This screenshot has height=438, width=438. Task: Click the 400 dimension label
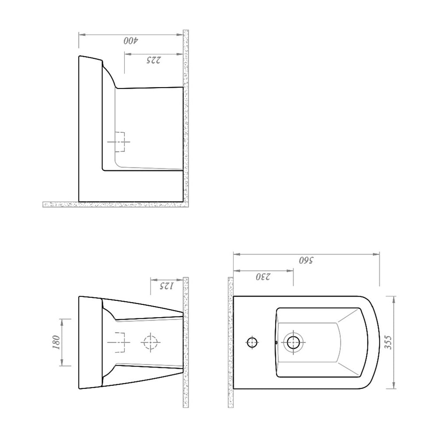click(131, 41)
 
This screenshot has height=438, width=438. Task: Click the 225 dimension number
click(154, 60)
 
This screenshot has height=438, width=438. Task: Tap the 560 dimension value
click(306, 260)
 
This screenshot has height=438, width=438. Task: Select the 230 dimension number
click(263, 277)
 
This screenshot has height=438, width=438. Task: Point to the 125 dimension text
click(166, 286)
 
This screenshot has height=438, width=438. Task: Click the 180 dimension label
click(56, 342)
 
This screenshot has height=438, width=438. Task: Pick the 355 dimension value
click(388, 342)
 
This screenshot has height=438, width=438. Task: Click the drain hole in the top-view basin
click(293, 342)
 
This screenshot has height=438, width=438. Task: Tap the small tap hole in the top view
click(252, 342)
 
